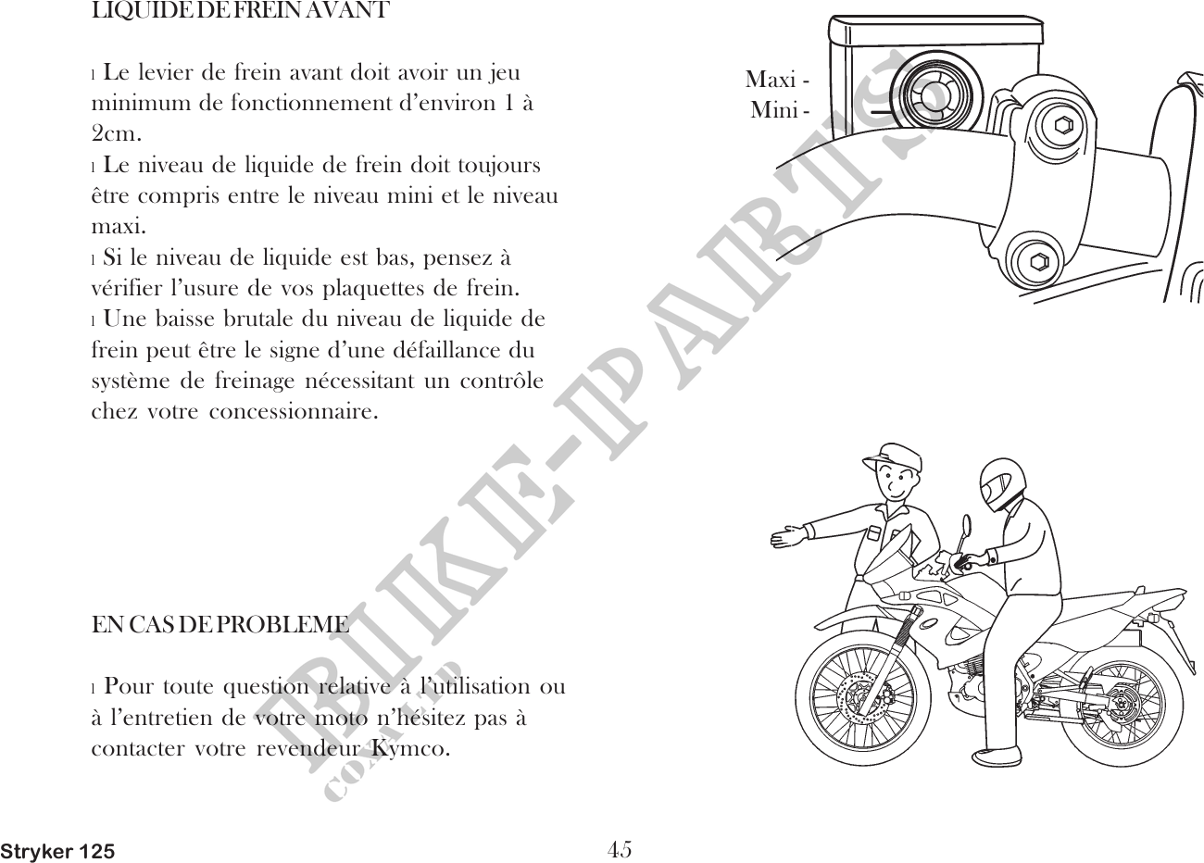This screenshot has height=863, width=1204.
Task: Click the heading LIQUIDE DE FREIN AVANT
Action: [x=240, y=12]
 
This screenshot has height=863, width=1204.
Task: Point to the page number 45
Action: [x=620, y=847]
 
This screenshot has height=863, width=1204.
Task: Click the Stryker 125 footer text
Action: [x=58, y=851]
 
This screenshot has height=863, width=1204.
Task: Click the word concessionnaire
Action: [x=293, y=409]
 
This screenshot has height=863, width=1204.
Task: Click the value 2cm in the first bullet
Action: [x=116, y=132]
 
